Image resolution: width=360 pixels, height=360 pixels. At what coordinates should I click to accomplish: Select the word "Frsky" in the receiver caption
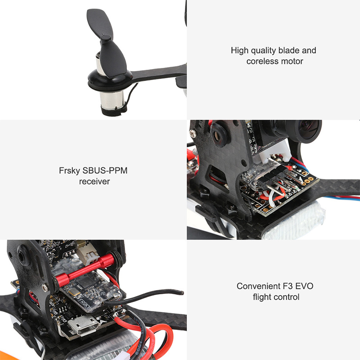click(70, 171)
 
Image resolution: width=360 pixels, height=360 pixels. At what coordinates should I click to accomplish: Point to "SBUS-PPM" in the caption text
click(105, 171)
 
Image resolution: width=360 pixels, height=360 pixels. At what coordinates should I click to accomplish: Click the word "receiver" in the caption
click(94, 182)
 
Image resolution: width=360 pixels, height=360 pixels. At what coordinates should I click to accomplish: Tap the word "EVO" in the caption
click(304, 286)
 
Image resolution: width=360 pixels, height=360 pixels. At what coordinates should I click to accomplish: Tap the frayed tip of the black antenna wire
click(182, 293)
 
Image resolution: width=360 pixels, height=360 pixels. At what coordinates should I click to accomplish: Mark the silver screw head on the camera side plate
click(193, 133)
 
